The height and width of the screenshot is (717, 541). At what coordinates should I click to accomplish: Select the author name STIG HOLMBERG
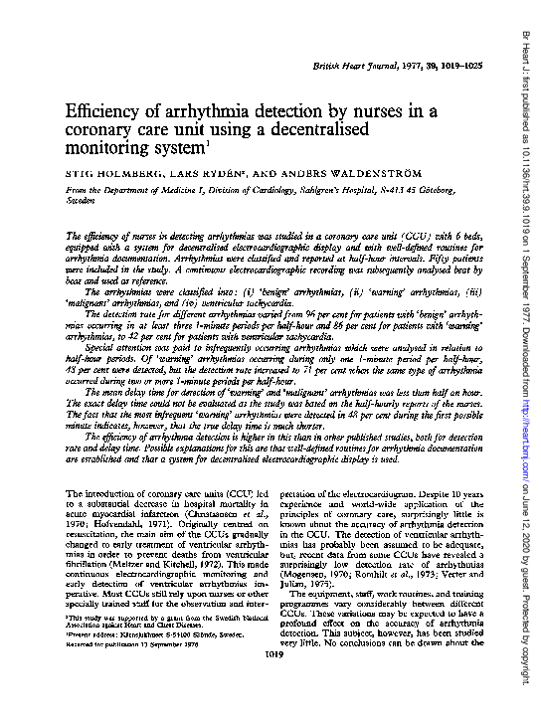coord(106,172)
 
